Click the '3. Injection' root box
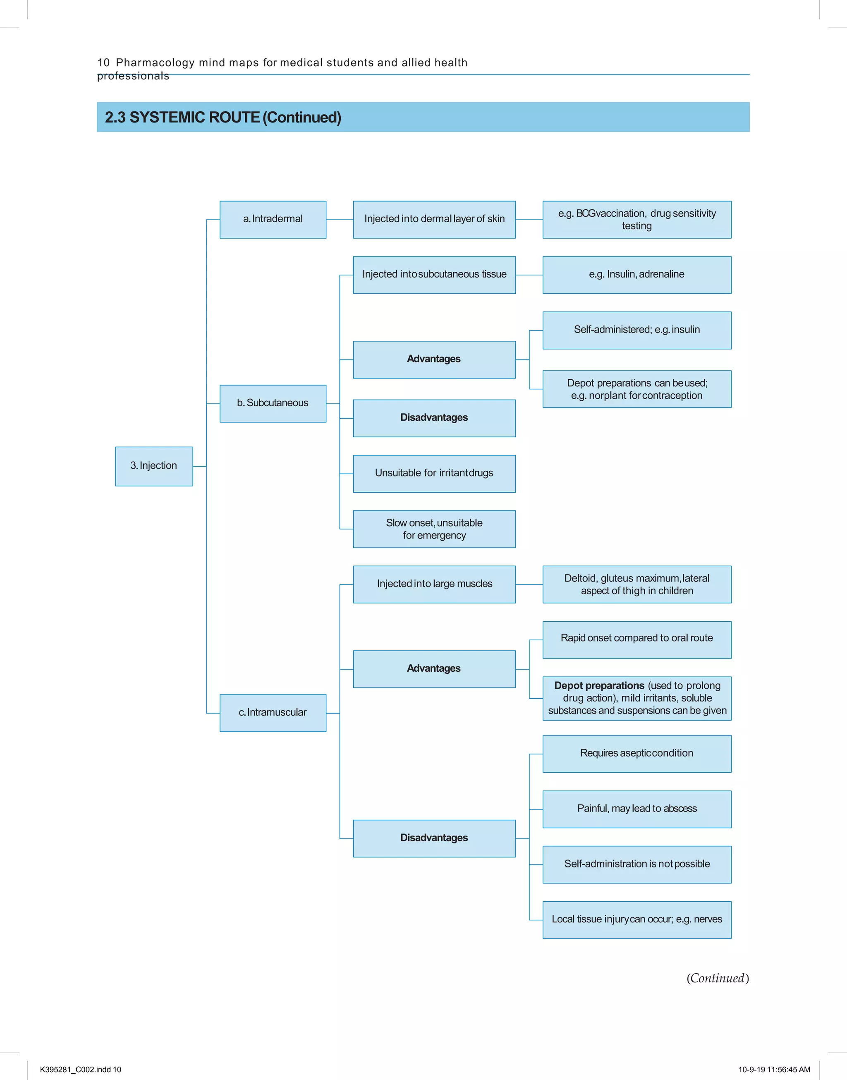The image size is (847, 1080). click(x=154, y=466)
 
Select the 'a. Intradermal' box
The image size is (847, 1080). click(x=273, y=219)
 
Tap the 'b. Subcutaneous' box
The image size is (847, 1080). click(x=273, y=403)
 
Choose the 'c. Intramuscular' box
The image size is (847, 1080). click(x=273, y=713)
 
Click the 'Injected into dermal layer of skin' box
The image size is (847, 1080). click(x=434, y=219)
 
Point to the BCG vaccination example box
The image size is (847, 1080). click(x=637, y=219)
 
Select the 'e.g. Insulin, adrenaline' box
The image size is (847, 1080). click(x=637, y=275)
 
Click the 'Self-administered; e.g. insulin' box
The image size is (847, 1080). click(x=637, y=330)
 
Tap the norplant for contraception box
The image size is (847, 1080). click(x=637, y=389)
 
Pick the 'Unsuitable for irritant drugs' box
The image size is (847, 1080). click(x=434, y=474)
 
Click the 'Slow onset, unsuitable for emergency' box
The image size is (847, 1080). click(x=434, y=529)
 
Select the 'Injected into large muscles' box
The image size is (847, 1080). click(x=434, y=584)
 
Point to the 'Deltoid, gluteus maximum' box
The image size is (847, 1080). click(x=637, y=584)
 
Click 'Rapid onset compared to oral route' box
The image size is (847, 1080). click(x=637, y=639)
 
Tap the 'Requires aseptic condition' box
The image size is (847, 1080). click(x=637, y=754)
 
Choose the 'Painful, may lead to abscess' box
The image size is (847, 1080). click(x=637, y=809)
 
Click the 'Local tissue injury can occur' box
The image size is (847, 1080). click(x=637, y=920)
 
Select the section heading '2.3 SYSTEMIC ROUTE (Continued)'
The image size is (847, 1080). click(x=223, y=117)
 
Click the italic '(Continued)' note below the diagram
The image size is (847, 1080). click(x=718, y=978)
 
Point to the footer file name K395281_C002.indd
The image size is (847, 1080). click(x=80, y=1070)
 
